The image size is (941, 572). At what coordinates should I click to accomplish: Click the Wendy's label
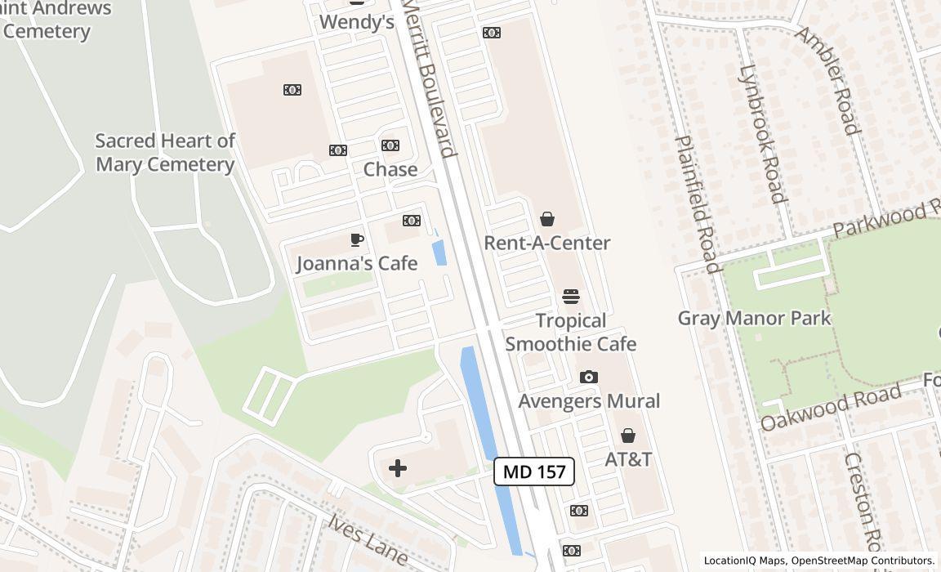point(356,22)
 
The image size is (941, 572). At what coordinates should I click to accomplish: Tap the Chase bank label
point(390,169)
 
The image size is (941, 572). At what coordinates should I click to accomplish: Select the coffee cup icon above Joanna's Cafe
point(356,239)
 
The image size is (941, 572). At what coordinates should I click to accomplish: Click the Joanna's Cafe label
point(356,263)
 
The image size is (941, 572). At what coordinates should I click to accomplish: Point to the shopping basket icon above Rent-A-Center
point(547,219)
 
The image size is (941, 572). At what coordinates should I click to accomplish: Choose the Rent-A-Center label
point(546,243)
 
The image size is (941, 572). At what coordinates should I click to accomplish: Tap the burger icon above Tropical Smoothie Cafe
point(570,297)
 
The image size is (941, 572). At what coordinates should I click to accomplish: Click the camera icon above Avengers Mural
point(588,377)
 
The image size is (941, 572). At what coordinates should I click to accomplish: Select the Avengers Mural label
point(589,401)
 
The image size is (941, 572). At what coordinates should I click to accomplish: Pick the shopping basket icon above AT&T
point(628,436)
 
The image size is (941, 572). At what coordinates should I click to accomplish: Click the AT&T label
point(628,459)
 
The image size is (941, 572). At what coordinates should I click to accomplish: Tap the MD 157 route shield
point(534,471)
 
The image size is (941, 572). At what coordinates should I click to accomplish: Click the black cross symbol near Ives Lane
point(398,468)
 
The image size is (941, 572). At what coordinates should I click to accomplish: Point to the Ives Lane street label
point(368,538)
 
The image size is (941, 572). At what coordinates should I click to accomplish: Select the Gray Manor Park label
point(754,318)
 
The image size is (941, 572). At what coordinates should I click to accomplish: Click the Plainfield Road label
point(698,203)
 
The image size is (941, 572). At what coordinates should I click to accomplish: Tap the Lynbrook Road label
point(762,133)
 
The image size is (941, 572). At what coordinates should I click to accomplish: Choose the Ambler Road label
point(828,79)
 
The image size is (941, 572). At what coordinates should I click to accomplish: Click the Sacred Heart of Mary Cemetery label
point(165,153)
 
